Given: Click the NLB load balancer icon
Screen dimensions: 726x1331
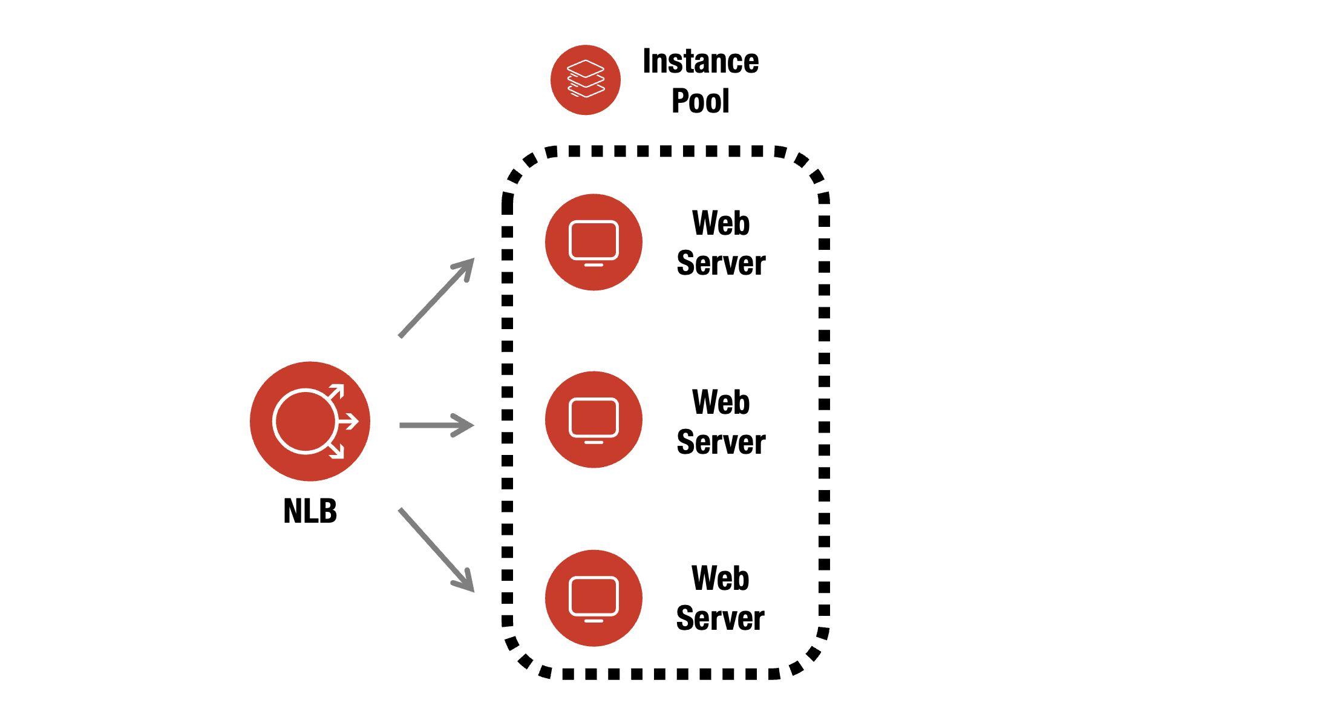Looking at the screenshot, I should click(x=310, y=421).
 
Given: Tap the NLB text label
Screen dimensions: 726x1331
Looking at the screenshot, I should click(x=310, y=511).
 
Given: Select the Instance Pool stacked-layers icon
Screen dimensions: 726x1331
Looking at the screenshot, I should click(x=585, y=79).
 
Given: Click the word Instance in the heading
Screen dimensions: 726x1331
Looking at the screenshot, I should click(x=700, y=61).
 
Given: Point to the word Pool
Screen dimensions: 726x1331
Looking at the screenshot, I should click(x=700, y=100).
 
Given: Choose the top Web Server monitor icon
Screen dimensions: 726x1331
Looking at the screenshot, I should click(x=594, y=242).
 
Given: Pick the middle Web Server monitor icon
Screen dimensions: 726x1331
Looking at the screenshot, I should click(x=594, y=419).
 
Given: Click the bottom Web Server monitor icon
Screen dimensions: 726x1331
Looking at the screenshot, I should click(x=594, y=598).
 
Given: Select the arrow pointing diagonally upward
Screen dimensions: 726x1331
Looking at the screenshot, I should click(x=436, y=298).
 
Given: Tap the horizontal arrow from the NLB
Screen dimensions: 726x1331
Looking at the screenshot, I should click(x=436, y=425).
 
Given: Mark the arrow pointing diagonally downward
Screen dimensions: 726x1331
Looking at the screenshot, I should click(x=436, y=549).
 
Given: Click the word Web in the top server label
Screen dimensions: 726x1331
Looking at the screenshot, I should click(x=721, y=223).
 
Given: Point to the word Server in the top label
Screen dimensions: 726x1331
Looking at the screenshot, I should click(x=721, y=263).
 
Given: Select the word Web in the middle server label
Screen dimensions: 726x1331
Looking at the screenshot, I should click(x=721, y=402).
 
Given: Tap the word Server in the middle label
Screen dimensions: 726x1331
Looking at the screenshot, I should click(x=721, y=442).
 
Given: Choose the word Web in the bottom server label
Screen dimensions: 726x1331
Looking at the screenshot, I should click(x=720, y=578).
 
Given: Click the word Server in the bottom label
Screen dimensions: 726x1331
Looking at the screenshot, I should click(x=720, y=618).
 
